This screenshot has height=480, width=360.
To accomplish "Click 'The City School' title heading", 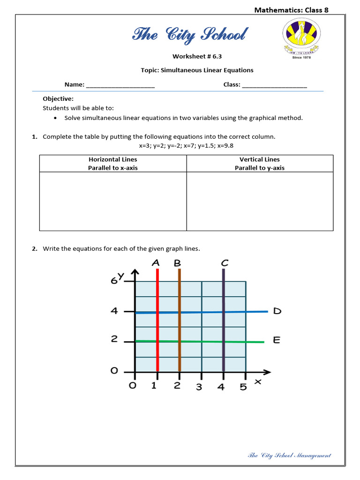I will [190, 35].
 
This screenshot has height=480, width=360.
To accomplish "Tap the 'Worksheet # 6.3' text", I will [197, 56].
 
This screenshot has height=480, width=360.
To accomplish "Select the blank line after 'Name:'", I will [120, 85].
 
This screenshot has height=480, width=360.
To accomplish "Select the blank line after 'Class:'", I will [275, 85].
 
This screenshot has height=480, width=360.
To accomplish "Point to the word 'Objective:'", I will [58, 99].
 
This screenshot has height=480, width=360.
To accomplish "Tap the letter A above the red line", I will [156, 263].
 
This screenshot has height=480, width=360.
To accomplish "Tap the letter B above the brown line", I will [177, 263].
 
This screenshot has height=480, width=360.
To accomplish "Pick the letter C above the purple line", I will [225, 263].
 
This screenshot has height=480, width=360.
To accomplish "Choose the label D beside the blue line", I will [277, 311].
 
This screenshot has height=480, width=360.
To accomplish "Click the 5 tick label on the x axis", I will [243, 387].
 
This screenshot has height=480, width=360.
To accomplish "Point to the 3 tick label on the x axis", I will [199, 387].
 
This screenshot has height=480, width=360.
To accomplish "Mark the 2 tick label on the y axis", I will [114, 340].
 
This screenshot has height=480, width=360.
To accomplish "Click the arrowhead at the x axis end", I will [267, 373].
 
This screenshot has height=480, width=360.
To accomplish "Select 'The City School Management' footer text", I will [289, 455].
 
